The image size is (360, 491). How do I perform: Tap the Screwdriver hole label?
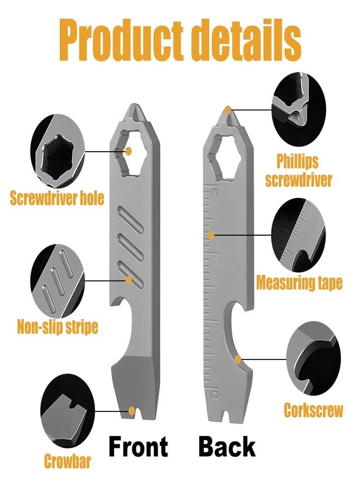pyautogui.click(x=57, y=198)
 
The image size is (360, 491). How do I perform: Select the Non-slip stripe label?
pyautogui.click(x=57, y=327)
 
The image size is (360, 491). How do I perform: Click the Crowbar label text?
pyautogui.click(x=67, y=461)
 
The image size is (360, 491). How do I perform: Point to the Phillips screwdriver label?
pyautogui.click(x=298, y=171)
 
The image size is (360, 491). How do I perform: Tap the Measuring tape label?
pyautogui.click(x=299, y=283)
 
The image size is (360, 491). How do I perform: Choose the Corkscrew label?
pyautogui.click(x=313, y=410)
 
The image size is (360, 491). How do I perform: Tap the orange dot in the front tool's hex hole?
pyautogui.click(x=128, y=151)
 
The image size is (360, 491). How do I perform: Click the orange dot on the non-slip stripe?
pyautogui.click(x=128, y=280)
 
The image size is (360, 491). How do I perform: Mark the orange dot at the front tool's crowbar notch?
pyautogui.click(x=133, y=410)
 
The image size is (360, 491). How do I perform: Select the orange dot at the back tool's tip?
pyautogui.click(x=228, y=110)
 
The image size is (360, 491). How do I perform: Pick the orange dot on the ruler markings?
pyautogui.click(x=211, y=235)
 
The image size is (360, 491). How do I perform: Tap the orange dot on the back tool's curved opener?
pyautogui.click(x=238, y=360)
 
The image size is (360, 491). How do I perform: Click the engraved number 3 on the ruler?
pyautogui.click(x=215, y=192)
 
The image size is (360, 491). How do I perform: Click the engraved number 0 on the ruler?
pyautogui.click(x=215, y=394)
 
